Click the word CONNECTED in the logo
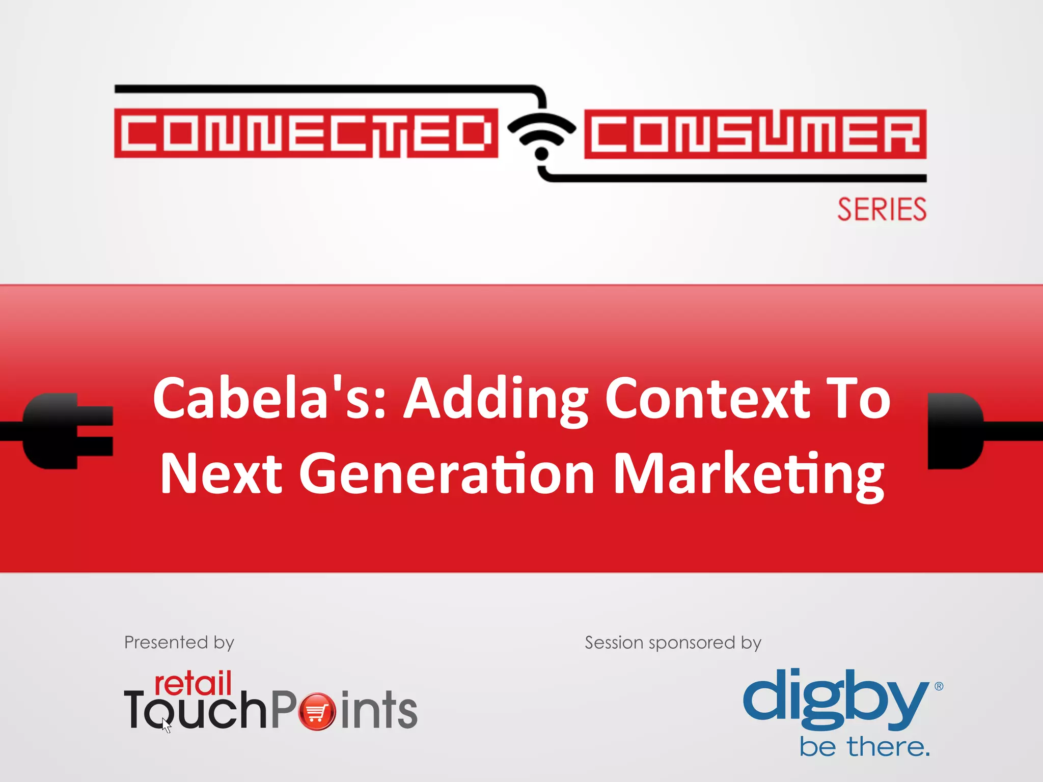pyautogui.click(x=306, y=133)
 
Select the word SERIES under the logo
pyautogui.click(x=882, y=210)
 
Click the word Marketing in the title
pyautogui.click(x=749, y=474)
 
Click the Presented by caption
pyautogui.click(x=179, y=643)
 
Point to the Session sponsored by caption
pyautogui.click(x=673, y=643)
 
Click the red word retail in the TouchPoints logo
pyautogui.click(x=193, y=683)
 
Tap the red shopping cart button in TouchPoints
pyautogui.click(x=317, y=712)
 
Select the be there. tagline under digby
pyautogui.click(x=864, y=747)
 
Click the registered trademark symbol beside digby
pyautogui.click(x=939, y=686)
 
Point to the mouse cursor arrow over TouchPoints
pyautogui.click(x=167, y=725)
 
